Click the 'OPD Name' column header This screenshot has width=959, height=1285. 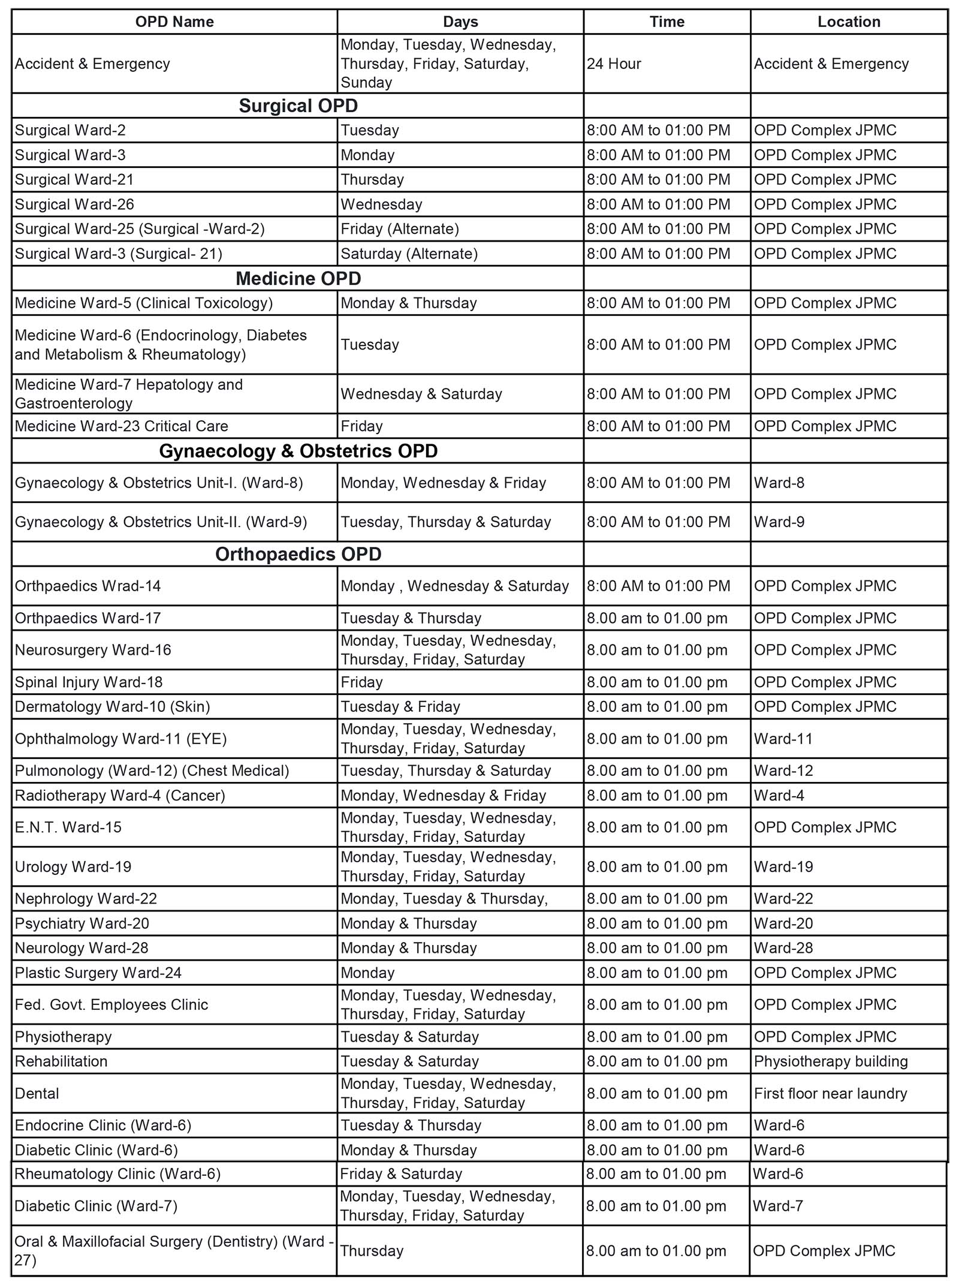click(174, 22)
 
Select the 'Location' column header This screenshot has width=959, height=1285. click(849, 22)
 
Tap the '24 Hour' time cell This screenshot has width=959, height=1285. click(614, 64)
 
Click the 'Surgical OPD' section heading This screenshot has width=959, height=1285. click(298, 106)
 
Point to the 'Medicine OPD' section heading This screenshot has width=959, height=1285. click(298, 278)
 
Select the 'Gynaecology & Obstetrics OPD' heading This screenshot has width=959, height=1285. click(298, 451)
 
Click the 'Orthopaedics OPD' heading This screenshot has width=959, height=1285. click(298, 554)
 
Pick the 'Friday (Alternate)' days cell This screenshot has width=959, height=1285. click(400, 229)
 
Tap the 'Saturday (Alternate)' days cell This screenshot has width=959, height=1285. click(409, 254)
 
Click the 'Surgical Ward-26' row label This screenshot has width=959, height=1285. click(74, 204)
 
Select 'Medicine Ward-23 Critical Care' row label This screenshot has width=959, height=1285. click(122, 426)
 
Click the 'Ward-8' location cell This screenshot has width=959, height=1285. click(779, 483)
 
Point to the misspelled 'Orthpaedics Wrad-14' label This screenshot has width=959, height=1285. click(88, 586)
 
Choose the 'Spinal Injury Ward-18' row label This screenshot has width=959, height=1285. click(89, 682)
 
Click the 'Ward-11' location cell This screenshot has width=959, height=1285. click(783, 739)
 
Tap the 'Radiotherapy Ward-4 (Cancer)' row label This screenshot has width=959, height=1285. click(120, 796)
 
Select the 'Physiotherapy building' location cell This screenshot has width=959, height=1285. click(831, 1061)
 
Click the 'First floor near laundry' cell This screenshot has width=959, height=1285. click(831, 1094)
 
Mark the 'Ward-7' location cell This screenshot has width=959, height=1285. click(778, 1206)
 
